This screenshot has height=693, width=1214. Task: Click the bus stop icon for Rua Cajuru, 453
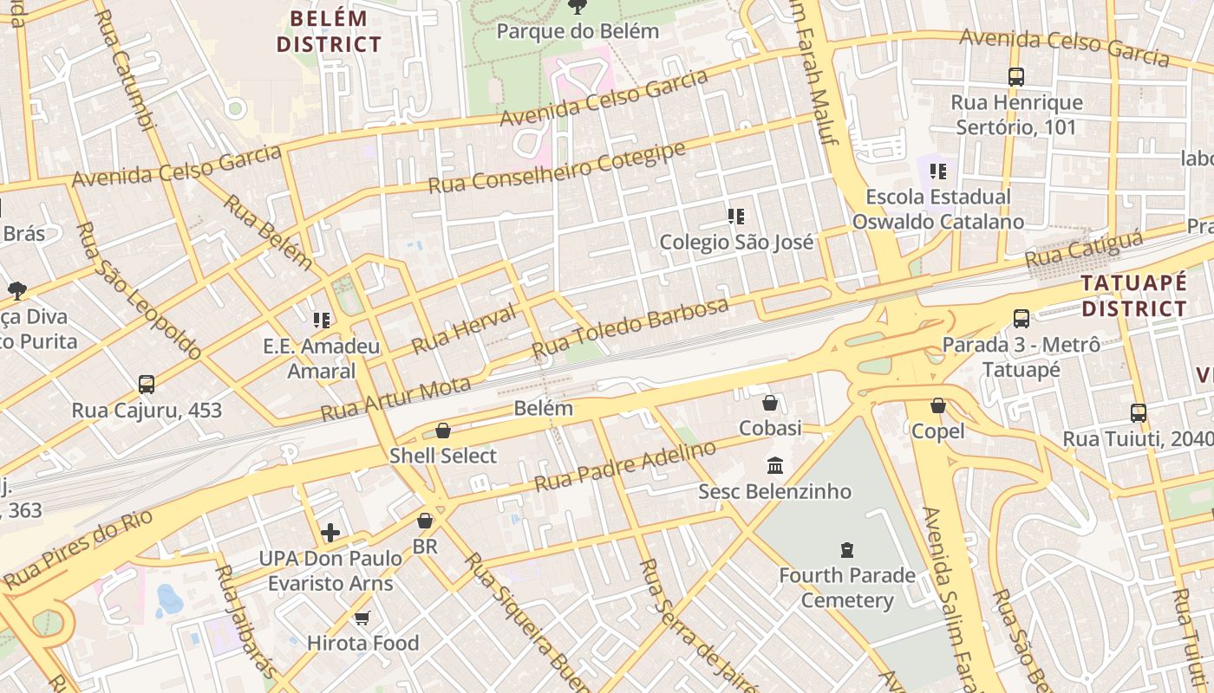tap(147, 384)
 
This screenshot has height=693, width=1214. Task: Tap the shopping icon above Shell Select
tap(443, 431)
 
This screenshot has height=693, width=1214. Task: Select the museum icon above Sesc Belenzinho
tap(775, 466)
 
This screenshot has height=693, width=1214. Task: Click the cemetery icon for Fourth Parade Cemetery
tap(846, 549)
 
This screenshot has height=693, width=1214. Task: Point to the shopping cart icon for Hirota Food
tap(362, 618)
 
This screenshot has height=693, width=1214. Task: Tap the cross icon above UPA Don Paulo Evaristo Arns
tap(330, 532)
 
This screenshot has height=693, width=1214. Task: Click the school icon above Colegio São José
tap(736, 217)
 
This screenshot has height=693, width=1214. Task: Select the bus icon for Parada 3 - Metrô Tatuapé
tap(1021, 318)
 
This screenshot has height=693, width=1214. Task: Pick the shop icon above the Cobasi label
tap(769, 403)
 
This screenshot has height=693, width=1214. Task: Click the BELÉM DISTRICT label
tap(329, 31)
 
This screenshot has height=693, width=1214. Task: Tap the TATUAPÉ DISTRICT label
tap(1133, 295)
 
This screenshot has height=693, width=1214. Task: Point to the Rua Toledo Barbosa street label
tap(630, 329)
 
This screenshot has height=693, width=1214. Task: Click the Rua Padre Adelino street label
tap(625, 466)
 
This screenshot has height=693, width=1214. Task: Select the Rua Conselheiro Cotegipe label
tap(557, 168)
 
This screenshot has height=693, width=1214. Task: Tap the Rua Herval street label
tap(463, 328)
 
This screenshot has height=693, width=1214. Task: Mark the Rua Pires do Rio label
tap(78, 550)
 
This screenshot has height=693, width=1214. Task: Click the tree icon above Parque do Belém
tap(577, 7)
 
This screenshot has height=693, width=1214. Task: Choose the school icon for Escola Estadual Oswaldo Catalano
tap(937, 172)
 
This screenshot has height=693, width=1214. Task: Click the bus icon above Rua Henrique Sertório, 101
tap(1016, 77)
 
